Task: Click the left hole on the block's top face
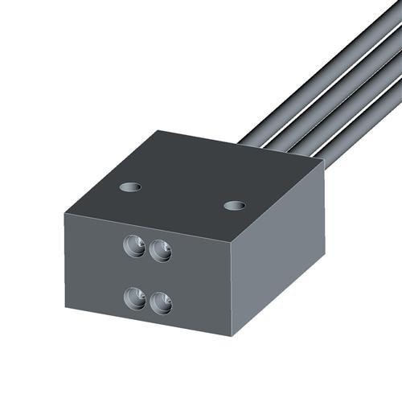[x=130, y=187]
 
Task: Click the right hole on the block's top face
[x=234, y=206]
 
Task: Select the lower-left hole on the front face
[x=134, y=298]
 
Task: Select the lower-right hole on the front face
[x=161, y=303]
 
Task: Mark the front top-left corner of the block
[x=64, y=210]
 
